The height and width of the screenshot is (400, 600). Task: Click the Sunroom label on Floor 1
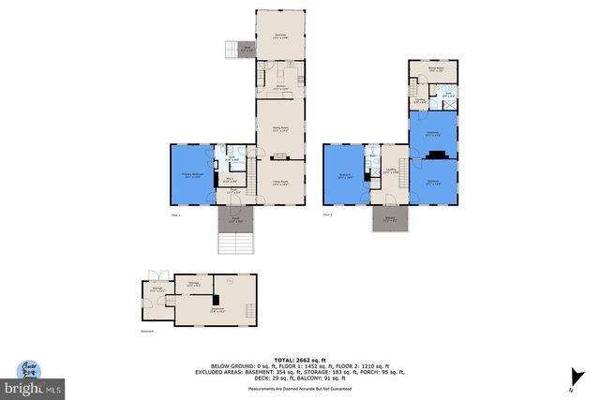(x=279, y=35)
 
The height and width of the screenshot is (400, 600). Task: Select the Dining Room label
(x=279, y=130)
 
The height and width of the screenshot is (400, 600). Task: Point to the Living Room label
(x=279, y=183)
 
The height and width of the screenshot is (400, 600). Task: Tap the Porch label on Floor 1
(x=236, y=220)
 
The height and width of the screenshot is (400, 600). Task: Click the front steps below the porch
(x=236, y=244)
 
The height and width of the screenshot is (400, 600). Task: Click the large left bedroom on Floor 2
(x=345, y=175)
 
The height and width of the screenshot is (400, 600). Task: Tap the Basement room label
(x=217, y=309)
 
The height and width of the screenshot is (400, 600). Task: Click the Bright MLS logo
(x=31, y=385)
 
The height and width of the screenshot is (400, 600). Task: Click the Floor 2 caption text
(x=328, y=215)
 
